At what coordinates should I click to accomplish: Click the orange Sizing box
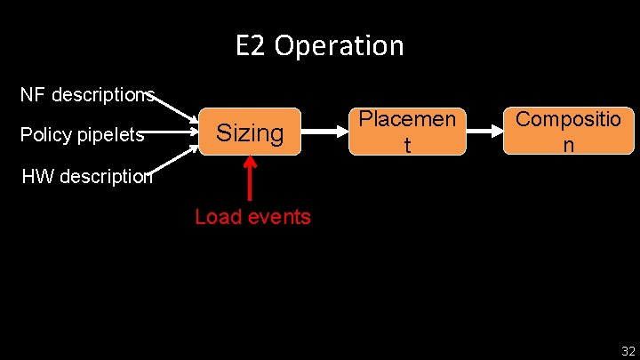click(x=250, y=133)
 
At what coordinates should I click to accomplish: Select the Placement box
click(x=407, y=132)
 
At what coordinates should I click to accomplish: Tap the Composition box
click(x=569, y=132)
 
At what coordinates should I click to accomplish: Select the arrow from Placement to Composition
click(x=484, y=132)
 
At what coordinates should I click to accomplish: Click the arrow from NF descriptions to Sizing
click(x=177, y=107)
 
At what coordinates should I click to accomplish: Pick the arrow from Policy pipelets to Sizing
click(x=172, y=134)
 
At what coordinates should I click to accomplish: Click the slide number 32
click(x=628, y=351)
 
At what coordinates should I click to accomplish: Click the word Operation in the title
click(x=339, y=45)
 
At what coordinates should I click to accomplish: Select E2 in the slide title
click(x=252, y=45)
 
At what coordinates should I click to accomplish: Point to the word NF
click(x=32, y=94)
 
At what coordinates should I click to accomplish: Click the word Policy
click(x=45, y=135)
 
